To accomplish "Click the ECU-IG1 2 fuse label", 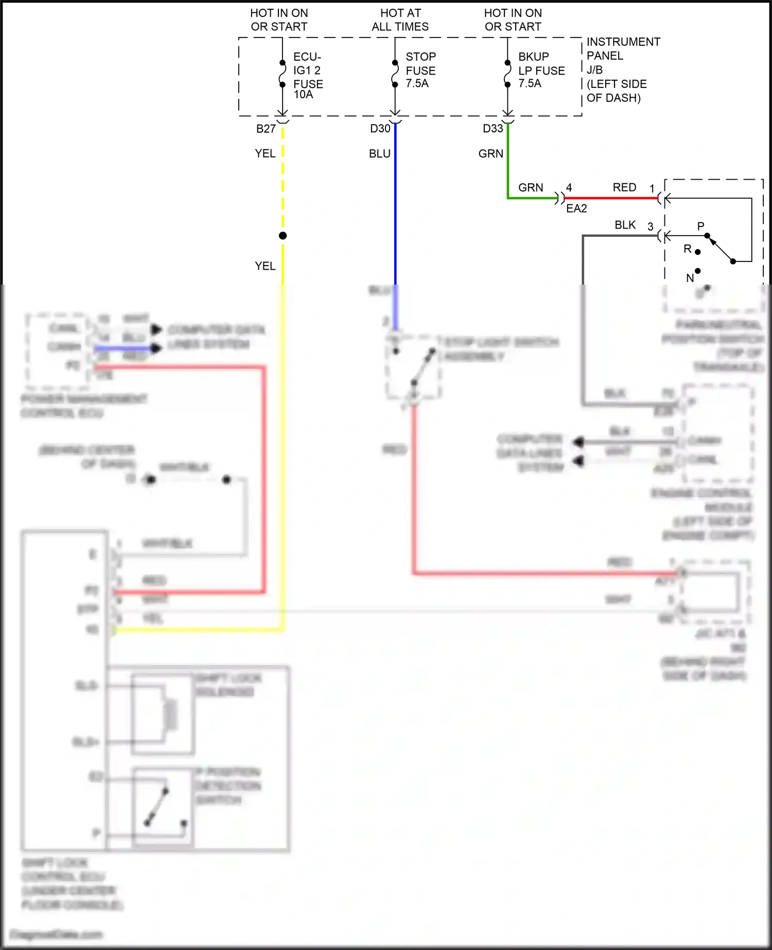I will point(308,75).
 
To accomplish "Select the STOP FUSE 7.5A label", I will point(420,70).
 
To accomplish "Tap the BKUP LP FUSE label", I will point(541,70).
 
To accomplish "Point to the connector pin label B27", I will point(266,129).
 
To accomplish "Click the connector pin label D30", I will point(380,129).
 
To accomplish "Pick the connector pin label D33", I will point(493,129).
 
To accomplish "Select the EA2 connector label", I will point(576,208).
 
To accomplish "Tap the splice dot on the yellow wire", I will point(283,236).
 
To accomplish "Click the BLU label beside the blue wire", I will point(379,154).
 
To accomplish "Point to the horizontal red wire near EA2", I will point(610,198).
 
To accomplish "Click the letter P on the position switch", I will point(700,226).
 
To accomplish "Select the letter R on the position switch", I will point(688,249).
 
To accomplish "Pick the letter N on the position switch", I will point(690,278).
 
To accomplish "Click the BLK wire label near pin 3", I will point(625,225).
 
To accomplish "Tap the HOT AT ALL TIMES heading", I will point(400,20).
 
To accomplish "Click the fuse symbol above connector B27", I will point(283,74).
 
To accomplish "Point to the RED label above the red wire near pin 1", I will point(624,187).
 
